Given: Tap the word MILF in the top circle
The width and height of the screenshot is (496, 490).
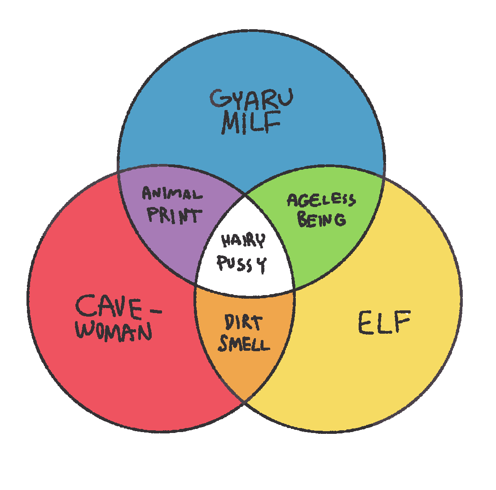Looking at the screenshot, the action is pos(251,122).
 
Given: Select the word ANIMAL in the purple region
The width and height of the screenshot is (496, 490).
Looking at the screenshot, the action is pos(172,194).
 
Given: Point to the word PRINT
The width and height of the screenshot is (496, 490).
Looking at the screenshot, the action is pos(174,215).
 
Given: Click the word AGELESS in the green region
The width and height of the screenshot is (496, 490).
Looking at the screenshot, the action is pos(321,200).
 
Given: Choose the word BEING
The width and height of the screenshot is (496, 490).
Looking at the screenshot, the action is pos(321,219).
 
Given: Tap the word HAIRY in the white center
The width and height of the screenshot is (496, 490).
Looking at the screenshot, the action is pos(243,241).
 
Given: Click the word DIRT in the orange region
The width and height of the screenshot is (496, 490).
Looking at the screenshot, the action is pos(243,322).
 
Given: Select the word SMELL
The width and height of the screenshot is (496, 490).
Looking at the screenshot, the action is pos(244,344).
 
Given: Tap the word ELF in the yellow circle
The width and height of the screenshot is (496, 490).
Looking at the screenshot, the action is pos(384,322).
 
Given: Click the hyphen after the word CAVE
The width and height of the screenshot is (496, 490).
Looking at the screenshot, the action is pos(155,312).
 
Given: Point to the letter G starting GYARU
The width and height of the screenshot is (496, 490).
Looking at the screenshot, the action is pos(218,99).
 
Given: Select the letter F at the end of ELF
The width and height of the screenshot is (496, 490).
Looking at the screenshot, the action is pos(402,322).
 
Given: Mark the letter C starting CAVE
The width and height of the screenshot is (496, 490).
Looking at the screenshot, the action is pos(85,306).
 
